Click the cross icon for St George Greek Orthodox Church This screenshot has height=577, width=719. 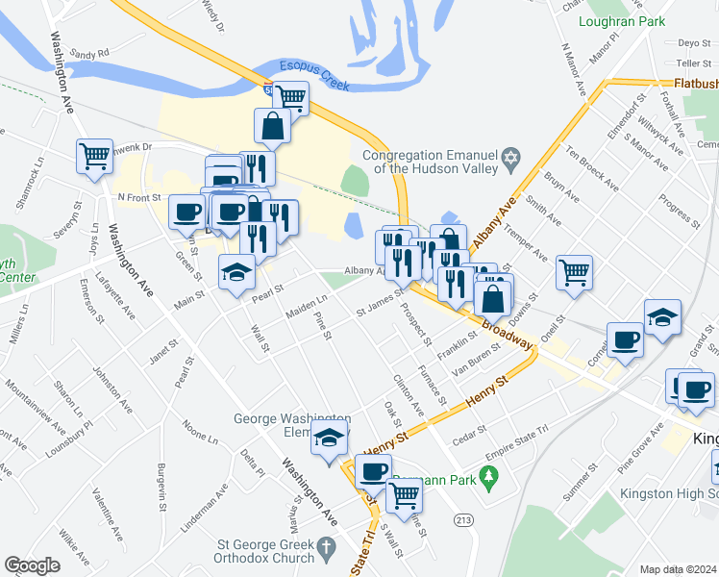pyautogui.click(x=326, y=546)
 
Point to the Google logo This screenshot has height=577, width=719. pyautogui.click(x=33, y=565)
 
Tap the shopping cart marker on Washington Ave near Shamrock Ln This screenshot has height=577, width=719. pyautogui.click(x=94, y=156)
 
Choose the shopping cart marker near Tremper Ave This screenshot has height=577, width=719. pyautogui.click(x=574, y=273)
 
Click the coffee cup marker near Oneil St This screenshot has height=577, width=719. pyautogui.click(x=626, y=340)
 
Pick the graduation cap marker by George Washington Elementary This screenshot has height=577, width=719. pyautogui.click(x=330, y=438)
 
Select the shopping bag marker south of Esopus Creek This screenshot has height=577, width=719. pyautogui.click(x=273, y=125)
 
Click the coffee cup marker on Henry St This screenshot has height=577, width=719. pyautogui.click(x=374, y=472)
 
